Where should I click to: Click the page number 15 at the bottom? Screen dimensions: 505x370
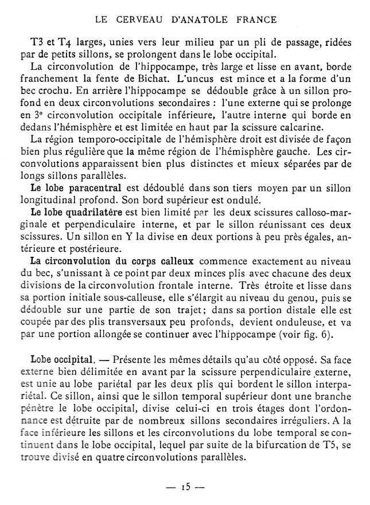pyautogui.click(x=185, y=489)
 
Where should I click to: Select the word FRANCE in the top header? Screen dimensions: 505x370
pyautogui.click(x=256, y=19)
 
